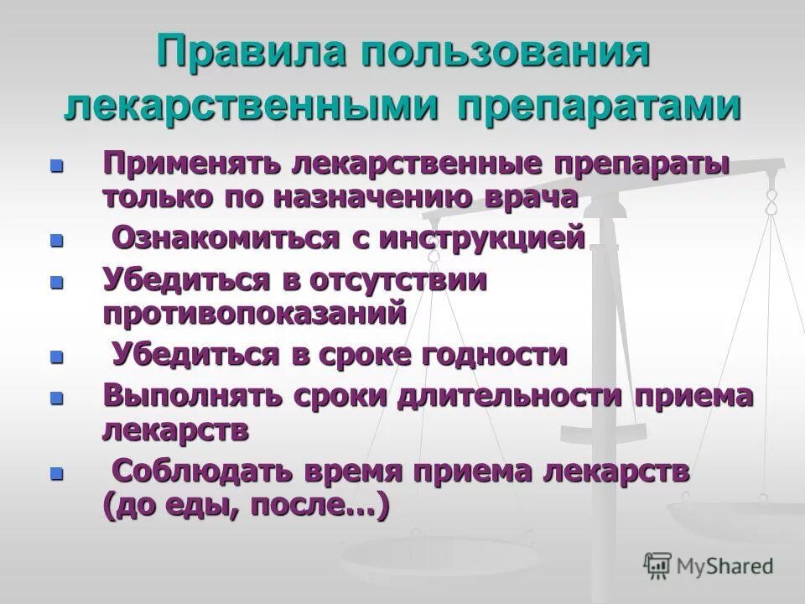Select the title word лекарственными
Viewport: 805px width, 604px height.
click(x=252, y=108)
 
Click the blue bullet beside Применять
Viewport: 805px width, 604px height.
click(x=57, y=165)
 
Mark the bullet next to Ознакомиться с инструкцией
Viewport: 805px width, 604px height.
click(x=57, y=241)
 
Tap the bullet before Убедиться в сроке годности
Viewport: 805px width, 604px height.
click(x=57, y=356)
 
